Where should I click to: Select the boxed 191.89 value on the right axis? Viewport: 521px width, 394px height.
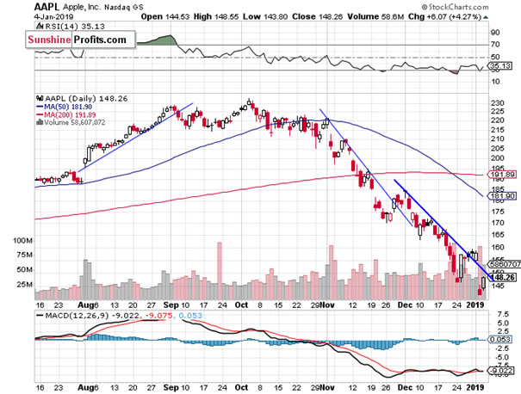point(503,175)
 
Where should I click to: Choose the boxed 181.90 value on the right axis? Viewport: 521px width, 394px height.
point(503,195)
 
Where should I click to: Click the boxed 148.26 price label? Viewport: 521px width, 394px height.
point(503,278)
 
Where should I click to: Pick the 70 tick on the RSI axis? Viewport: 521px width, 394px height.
point(496,44)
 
